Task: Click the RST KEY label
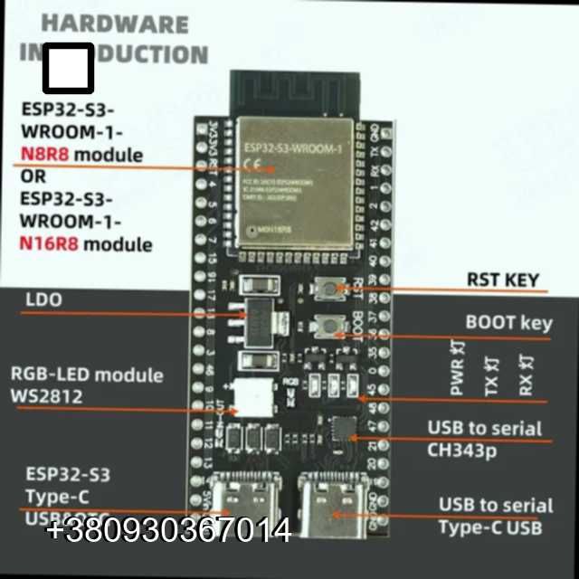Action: point(502,280)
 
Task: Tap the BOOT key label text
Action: point(508,323)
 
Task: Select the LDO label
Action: point(44,299)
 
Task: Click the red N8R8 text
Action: point(44,155)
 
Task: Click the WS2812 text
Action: point(46,396)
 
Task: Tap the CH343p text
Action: point(461,450)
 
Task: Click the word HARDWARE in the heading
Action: point(115,24)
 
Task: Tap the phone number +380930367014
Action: point(168,531)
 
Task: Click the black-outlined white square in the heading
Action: point(68,68)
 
